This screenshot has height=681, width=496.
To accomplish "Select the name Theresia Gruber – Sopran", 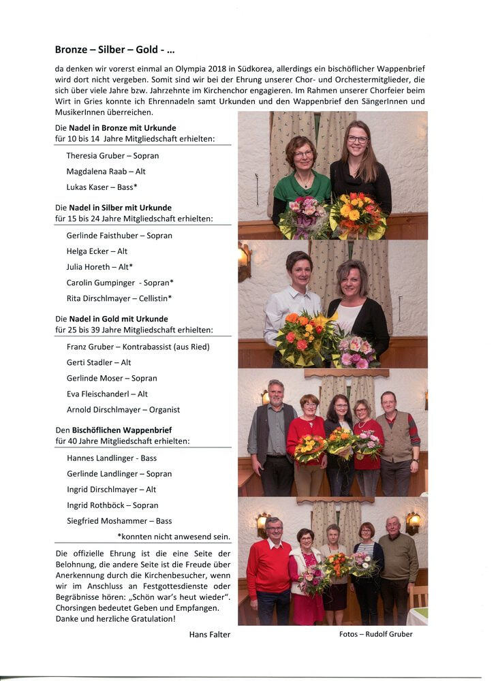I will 112,155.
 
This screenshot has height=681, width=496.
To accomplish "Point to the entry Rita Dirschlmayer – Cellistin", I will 119,298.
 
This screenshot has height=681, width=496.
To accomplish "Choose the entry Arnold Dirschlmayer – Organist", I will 123,409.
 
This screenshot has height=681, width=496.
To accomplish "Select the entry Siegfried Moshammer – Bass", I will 119,521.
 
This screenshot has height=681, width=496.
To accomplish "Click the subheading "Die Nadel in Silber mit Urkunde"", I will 113,207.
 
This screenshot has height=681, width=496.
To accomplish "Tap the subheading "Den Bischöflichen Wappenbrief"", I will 113,430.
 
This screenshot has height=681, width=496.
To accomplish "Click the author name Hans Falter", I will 210,634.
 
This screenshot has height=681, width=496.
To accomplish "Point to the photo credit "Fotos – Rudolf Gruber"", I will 375,634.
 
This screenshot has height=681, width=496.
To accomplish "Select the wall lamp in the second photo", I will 244,259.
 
